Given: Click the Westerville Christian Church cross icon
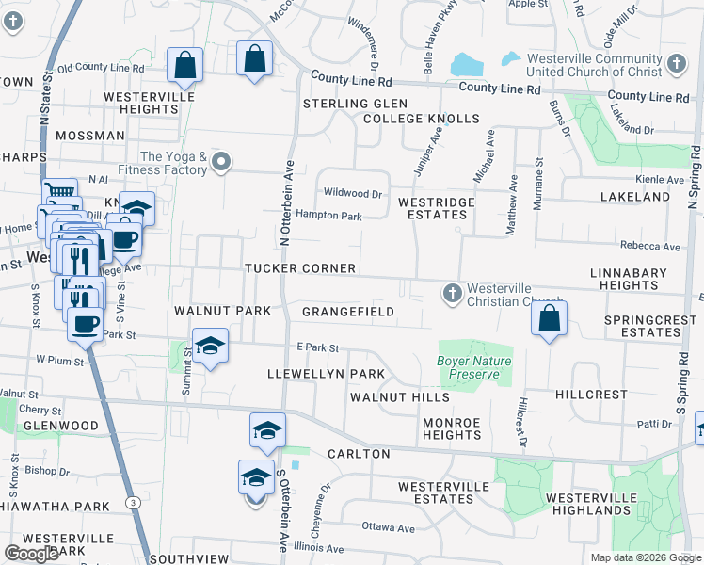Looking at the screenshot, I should (x=453, y=294).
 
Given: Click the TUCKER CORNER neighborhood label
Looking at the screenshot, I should (x=300, y=268).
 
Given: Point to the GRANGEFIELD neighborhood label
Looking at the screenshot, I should (x=347, y=311).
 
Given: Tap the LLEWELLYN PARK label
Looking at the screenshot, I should (x=327, y=374).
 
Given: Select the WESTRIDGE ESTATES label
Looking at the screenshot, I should (x=432, y=208).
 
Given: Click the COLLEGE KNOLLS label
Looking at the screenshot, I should (x=421, y=119).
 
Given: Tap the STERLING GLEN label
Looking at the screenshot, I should (x=354, y=103).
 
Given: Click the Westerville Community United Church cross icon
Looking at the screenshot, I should (x=674, y=64).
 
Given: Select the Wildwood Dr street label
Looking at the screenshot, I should (x=352, y=193).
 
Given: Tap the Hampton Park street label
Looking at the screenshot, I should (x=328, y=216).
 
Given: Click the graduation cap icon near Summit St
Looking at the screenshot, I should (x=210, y=346).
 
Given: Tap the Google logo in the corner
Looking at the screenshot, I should (x=31, y=555).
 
